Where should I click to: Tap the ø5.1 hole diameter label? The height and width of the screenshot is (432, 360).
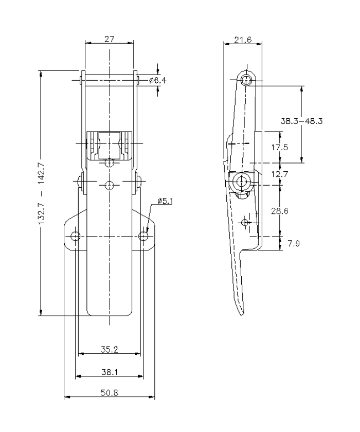click(165, 201)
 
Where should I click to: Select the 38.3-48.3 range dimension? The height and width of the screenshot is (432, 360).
click(304, 122)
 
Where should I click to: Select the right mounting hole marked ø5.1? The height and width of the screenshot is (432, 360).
click(143, 236)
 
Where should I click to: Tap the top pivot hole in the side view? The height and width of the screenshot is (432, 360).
click(247, 80)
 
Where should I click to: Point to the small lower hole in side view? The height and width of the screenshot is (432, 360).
click(245, 222)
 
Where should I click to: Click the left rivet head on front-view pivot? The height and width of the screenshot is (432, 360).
click(79, 182)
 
